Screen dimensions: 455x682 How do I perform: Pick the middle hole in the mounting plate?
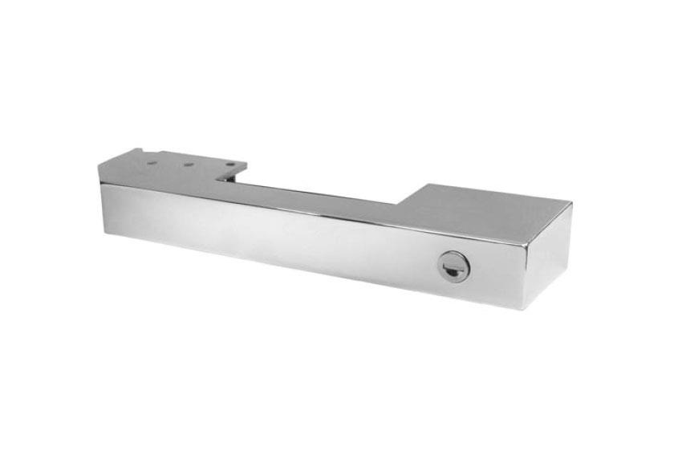pyautogui.click(x=189, y=165)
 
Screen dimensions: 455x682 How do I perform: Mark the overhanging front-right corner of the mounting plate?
pyautogui.click(x=246, y=171)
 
